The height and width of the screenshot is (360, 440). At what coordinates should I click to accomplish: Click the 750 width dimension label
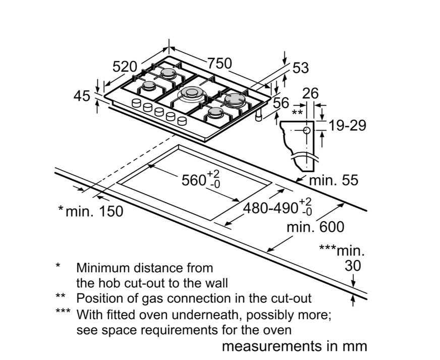tap(220, 63)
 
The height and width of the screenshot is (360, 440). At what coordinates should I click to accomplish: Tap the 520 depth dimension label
tap(125, 67)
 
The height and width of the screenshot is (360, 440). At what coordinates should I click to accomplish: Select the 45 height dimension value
tap(81, 95)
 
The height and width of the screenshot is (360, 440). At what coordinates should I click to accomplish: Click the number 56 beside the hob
tap(281, 103)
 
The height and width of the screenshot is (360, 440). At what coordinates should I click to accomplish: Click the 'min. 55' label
tap(334, 180)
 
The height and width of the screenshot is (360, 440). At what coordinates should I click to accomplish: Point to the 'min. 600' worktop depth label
tap(315, 227)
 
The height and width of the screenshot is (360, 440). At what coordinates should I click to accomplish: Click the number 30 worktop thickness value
tap(353, 266)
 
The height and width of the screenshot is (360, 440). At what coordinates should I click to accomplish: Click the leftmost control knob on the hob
tap(136, 104)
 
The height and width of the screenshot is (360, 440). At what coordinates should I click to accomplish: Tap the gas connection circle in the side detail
tap(307, 130)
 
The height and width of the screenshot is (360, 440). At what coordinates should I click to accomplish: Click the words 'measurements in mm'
tap(295, 346)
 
